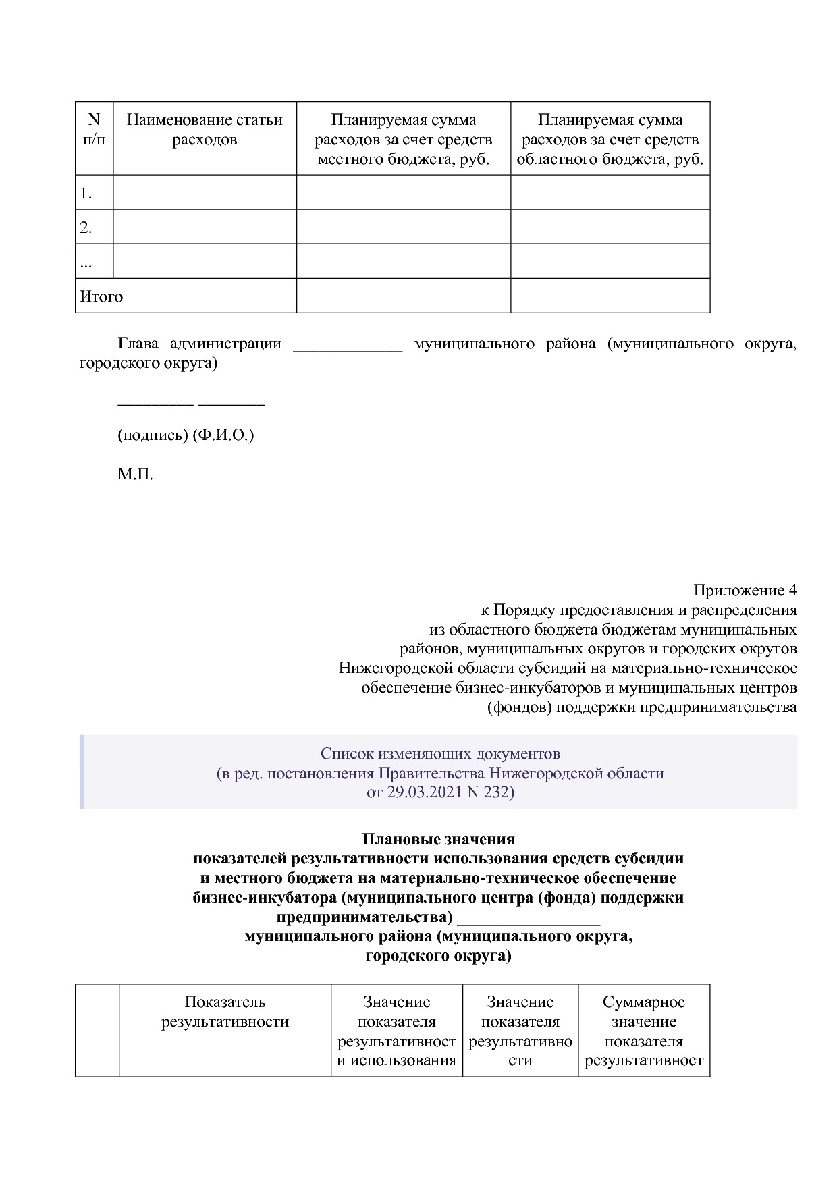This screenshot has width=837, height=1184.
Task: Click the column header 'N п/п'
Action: (x=94, y=130)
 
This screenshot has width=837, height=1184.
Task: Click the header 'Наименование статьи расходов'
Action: (x=205, y=130)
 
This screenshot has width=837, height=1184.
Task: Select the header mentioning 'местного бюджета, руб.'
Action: (x=403, y=140)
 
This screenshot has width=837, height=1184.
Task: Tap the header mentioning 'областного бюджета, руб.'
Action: (x=610, y=140)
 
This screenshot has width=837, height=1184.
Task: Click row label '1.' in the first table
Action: (x=86, y=194)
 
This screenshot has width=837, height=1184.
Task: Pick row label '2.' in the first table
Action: (x=86, y=228)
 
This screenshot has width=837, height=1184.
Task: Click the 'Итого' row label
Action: (x=101, y=297)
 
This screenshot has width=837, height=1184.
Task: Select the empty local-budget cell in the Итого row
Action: (x=403, y=296)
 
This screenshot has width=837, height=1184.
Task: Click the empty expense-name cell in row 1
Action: (x=205, y=192)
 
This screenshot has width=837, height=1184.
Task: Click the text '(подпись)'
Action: (x=153, y=435)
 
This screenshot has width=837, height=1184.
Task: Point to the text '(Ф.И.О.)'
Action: (x=223, y=435)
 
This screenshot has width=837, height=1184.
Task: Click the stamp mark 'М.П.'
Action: (x=135, y=475)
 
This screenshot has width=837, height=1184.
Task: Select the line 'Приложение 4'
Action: (x=745, y=591)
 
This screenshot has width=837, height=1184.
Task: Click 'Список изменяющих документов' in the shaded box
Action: (x=440, y=753)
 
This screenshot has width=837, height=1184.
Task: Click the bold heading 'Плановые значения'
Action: (x=438, y=839)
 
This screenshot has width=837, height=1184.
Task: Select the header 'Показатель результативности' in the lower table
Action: (x=225, y=1012)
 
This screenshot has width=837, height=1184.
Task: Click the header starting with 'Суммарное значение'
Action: (x=643, y=1031)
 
